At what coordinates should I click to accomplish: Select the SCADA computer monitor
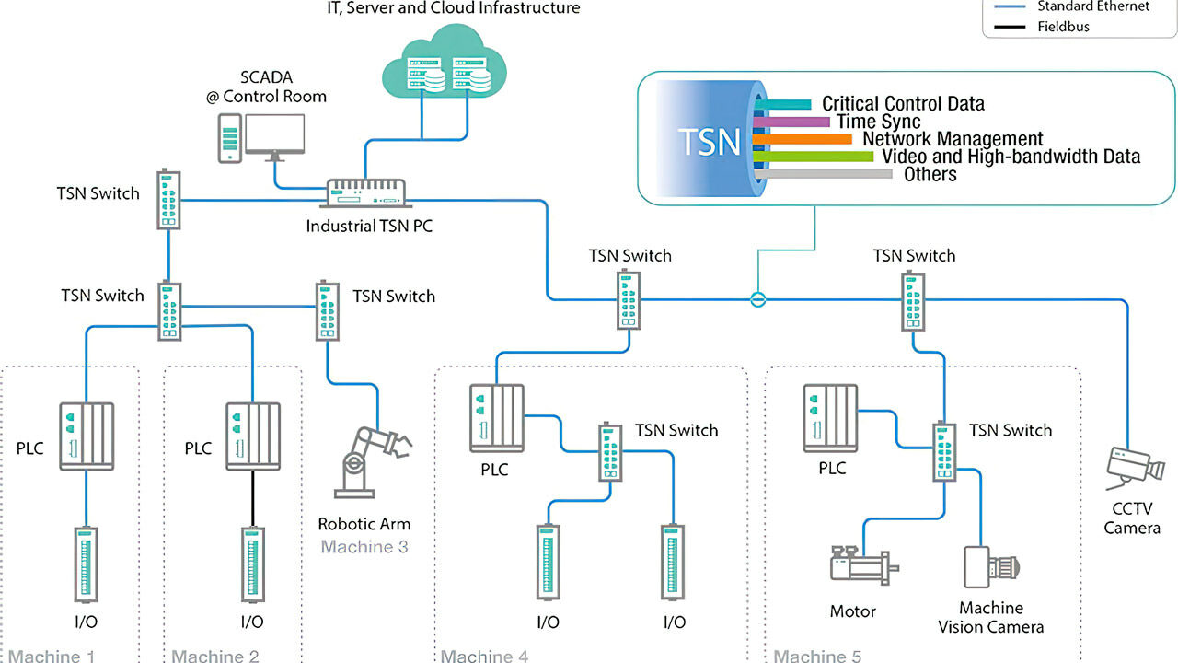point(274,136)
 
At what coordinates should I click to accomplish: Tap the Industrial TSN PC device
point(367,193)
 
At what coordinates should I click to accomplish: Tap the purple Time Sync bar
point(791,122)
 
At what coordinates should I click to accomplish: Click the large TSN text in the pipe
point(709,142)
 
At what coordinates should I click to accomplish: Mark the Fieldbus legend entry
point(1063,27)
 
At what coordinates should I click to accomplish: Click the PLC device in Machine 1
point(87,436)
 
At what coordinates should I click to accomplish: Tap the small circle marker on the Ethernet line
point(756,298)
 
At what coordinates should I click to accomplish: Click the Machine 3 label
point(364,547)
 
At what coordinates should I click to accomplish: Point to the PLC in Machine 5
point(830,417)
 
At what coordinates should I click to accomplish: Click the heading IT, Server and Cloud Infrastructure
point(454,8)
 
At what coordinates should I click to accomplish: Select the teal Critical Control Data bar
point(781,104)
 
